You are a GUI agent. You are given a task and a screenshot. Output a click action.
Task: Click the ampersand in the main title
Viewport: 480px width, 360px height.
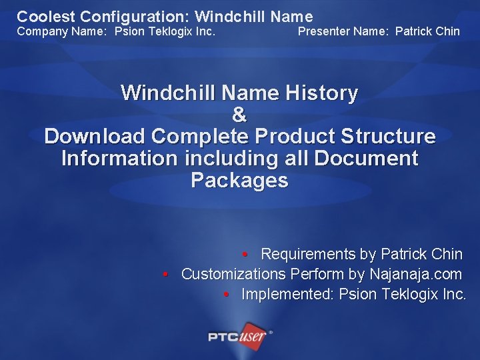click(x=239, y=115)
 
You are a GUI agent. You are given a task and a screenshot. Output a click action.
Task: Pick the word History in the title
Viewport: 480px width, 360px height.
click(x=321, y=93)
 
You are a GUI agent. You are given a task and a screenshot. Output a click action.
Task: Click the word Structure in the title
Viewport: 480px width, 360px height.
click(x=388, y=137)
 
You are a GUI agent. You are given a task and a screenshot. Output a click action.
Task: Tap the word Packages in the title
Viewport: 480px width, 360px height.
click(x=239, y=181)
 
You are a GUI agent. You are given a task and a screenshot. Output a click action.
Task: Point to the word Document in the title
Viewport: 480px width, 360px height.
click(x=366, y=159)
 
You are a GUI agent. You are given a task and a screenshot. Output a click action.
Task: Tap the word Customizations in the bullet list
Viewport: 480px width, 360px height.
click(x=233, y=274)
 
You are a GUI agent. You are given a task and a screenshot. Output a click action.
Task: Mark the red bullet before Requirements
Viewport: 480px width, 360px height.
click(x=245, y=255)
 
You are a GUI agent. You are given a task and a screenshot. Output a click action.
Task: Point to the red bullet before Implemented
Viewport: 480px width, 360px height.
click(x=227, y=295)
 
